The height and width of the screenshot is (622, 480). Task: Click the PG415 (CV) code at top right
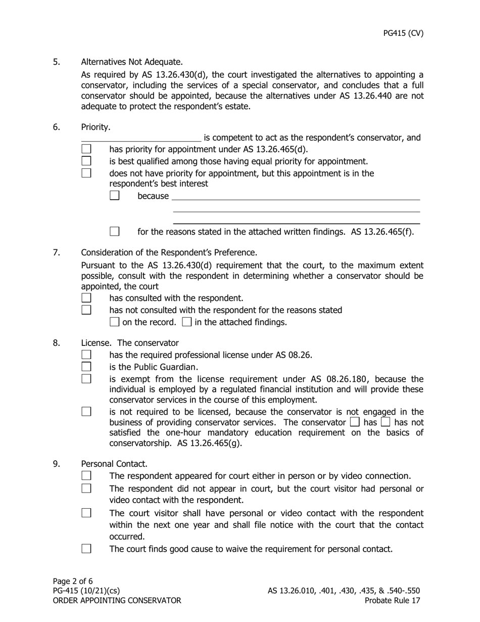pos(403,33)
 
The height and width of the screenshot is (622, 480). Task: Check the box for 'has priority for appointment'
pos(86,149)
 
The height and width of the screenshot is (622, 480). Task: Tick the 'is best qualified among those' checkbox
pos(86,161)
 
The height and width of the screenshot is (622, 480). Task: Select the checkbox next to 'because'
pos(115,195)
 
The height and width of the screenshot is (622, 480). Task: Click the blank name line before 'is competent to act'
pos(141,138)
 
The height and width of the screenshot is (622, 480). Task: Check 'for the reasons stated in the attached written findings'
pos(115,232)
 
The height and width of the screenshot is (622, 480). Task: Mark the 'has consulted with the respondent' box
pos(86,298)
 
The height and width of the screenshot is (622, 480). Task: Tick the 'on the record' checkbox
pos(115,322)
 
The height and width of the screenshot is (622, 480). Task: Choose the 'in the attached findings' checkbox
pos(186,322)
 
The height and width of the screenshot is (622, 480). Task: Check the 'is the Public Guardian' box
pos(86,367)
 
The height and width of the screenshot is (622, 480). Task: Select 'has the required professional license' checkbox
pos(86,354)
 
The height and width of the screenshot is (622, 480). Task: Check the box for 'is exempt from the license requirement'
pos(86,379)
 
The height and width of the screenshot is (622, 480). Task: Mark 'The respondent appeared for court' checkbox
pos(86,475)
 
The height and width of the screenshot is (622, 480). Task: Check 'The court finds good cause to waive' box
pos(86,548)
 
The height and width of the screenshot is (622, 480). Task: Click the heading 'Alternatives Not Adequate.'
pos(132,62)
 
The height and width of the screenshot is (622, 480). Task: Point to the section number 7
pos(56,252)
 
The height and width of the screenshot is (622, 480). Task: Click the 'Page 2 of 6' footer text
pos(73,581)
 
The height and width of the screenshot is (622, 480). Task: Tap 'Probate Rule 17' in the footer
pos(392,600)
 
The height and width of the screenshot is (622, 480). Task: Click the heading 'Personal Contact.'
pos(114,464)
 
